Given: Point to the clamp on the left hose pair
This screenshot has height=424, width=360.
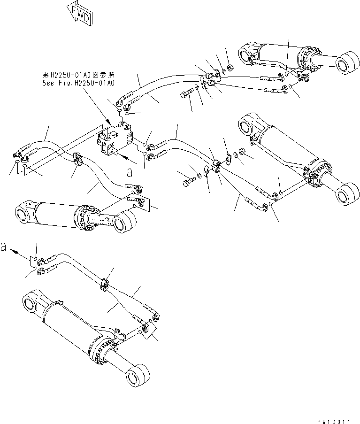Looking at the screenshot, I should [77, 159].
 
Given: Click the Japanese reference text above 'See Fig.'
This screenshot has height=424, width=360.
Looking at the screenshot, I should [78, 75].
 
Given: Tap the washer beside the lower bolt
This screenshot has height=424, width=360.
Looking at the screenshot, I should [199, 176].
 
